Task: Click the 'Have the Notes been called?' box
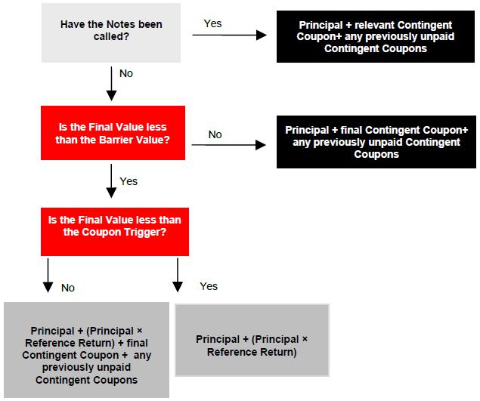click(x=111, y=32)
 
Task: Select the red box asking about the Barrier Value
click(x=113, y=133)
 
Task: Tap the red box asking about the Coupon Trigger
click(x=115, y=232)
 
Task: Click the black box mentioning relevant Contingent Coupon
click(x=376, y=37)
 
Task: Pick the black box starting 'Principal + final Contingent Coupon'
click(x=376, y=142)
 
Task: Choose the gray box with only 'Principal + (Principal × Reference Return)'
click(x=252, y=340)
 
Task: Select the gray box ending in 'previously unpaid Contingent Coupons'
click(x=87, y=350)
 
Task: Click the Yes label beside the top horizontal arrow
click(x=212, y=23)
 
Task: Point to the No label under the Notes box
click(x=126, y=73)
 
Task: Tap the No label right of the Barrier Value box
click(x=215, y=134)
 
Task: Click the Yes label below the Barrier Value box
click(x=129, y=181)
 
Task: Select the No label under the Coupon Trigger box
click(x=68, y=288)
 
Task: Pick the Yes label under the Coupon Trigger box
click(x=209, y=286)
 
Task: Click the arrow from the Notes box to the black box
click(x=230, y=35)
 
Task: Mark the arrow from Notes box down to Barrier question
click(x=111, y=84)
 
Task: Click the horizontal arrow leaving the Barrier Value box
click(x=229, y=145)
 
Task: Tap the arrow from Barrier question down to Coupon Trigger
click(x=111, y=181)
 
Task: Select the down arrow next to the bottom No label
click(x=48, y=276)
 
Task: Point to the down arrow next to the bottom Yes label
click(x=178, y=275)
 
